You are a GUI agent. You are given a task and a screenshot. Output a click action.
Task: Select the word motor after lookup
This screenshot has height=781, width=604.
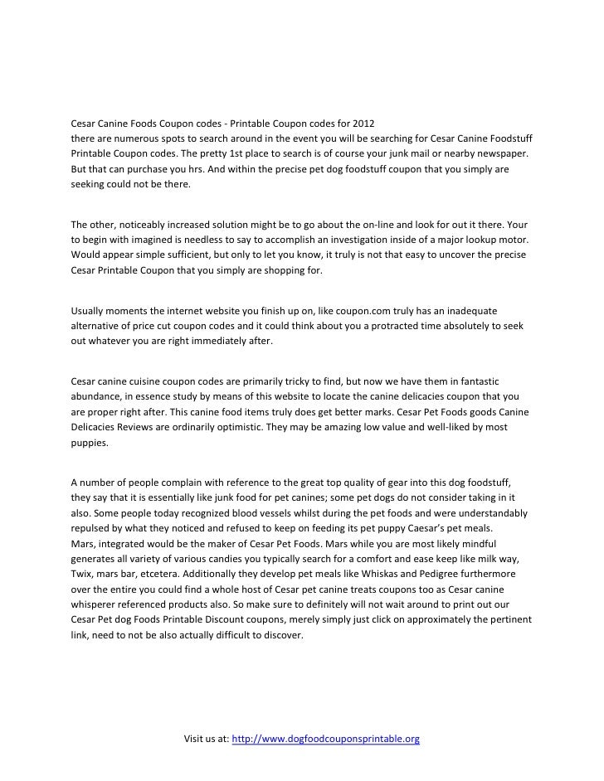pyautogui.click(x=514, y=239)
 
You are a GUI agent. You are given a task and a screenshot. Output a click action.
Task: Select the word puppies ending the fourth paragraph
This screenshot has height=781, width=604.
pyautogui.click(x=89, y=441)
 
